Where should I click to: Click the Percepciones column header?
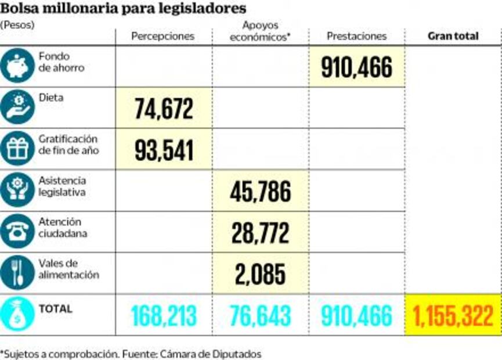(x=162, y=36)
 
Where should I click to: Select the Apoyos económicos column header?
(x=260, y=31)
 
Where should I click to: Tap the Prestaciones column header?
(x=356, y=36)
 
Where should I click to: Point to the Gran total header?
(x=453, y=36)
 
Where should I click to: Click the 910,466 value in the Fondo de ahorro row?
(x=356, y=67)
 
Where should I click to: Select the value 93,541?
(x=164, y=150)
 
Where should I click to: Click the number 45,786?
(x=260, y=192)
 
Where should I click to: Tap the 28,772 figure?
(x=260, y=233)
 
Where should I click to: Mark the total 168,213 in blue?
(x=164, y=316)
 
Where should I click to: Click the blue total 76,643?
(x=260, y=316)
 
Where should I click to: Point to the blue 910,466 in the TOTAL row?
(x=356, y=316)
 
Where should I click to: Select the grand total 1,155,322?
(x=453, y=316)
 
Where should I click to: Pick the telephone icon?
(x=17, y=231)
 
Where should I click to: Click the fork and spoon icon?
(x=17, y=272)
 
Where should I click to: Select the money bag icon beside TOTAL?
(x=17, y=315)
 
